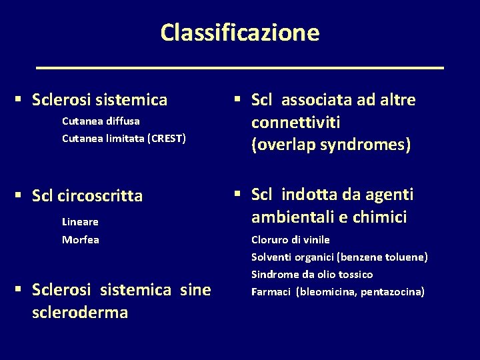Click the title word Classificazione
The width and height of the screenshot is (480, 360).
click(239, 32)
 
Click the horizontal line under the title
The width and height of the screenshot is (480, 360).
click(239, 68)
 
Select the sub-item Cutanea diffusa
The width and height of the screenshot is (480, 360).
click(101, 121)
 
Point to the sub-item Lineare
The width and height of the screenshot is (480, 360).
click(80, 221)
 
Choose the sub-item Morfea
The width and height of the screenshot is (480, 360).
click(81, 239)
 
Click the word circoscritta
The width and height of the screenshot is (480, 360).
click(100, 196)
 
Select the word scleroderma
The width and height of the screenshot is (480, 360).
click(79, 312)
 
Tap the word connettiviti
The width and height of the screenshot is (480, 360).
click(296, 123)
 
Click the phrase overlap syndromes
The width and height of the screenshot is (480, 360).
click(331, 145)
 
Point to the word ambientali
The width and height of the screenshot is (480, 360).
click(292, 217)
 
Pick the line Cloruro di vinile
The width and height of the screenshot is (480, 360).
click(290, 239)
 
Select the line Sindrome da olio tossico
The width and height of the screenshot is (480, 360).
click(311, 274)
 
